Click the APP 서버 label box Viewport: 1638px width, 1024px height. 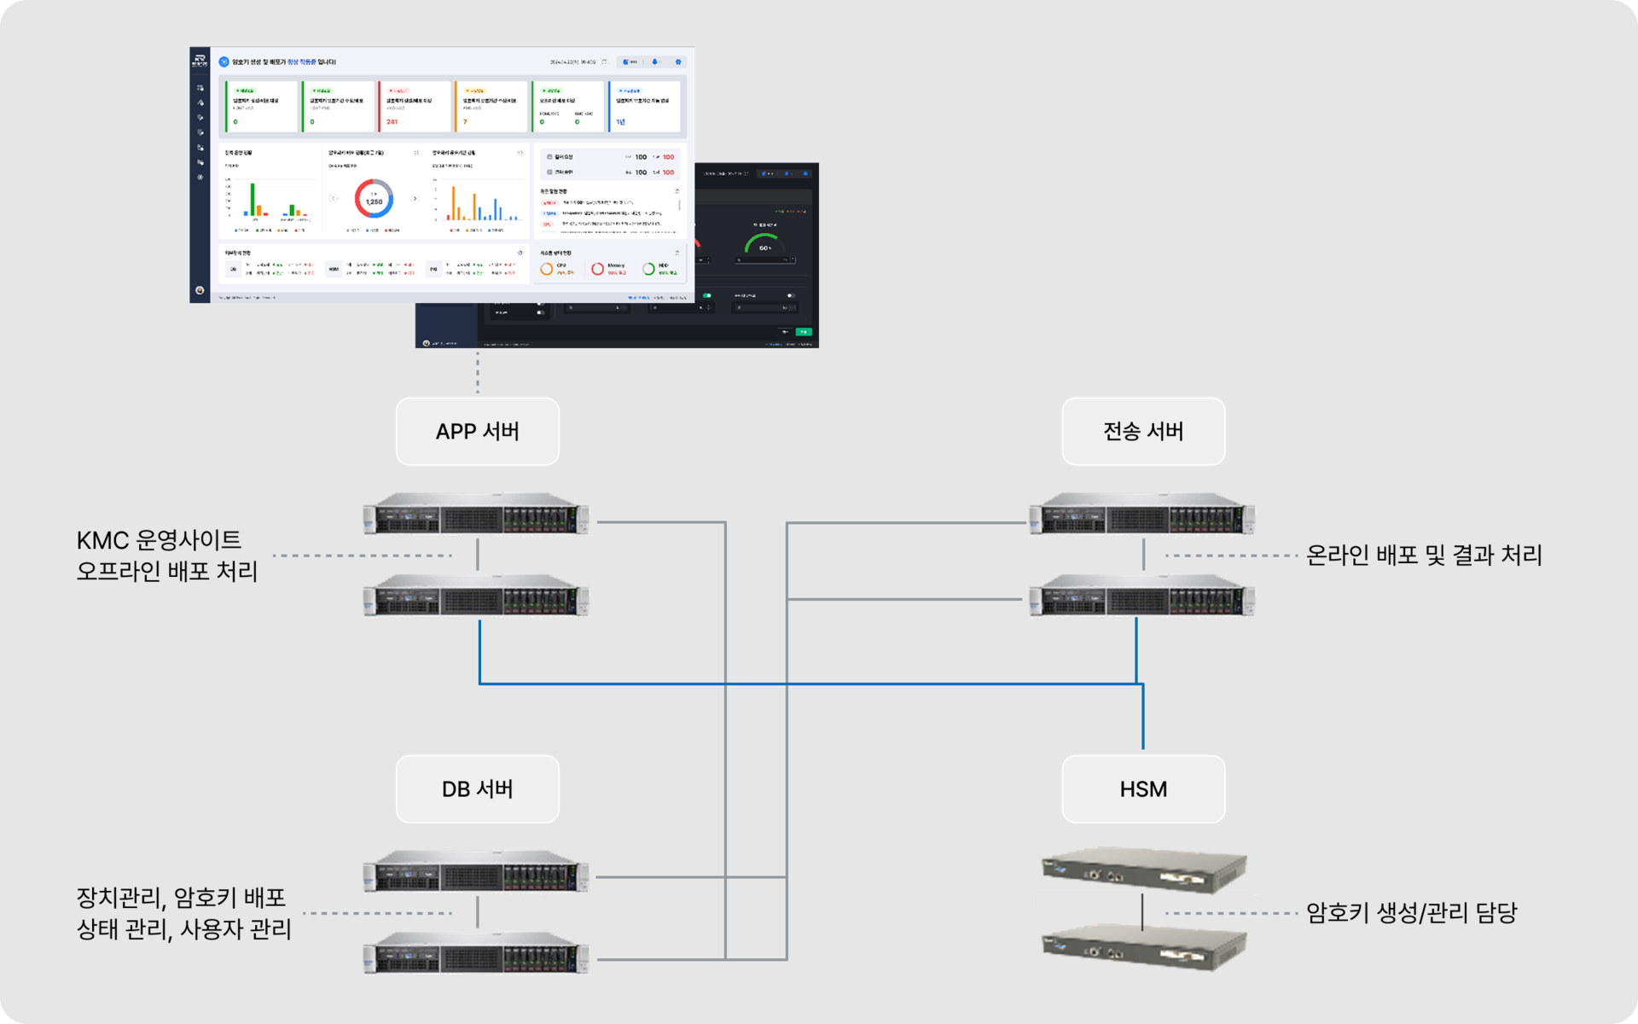coord(477,431)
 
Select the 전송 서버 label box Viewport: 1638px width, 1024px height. coord(1143,431)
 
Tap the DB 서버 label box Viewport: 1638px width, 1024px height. coord(477,788)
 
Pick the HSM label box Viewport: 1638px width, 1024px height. coord(1143,788)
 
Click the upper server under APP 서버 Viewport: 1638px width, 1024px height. coord(476,515)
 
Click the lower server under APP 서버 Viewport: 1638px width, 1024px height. coord(476,596)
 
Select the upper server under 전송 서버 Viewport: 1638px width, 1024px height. coord(1142,515)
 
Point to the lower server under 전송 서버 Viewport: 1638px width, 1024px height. coord(1142,596)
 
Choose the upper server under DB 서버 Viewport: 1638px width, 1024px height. coord(476,872)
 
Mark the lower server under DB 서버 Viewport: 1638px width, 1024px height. coord(476,953)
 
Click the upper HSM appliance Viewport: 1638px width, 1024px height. coord(1143,869)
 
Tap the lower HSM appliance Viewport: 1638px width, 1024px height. coord(1143,945)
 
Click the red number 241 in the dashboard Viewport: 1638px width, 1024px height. coord(392,122)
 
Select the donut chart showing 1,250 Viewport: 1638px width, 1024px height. coord(374,199)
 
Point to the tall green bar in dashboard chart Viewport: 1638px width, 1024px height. coord(253,199)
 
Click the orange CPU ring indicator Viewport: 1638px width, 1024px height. coord(547,269)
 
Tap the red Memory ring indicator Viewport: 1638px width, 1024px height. coord(597,269)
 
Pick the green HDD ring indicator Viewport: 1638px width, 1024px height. coord(648,269)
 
